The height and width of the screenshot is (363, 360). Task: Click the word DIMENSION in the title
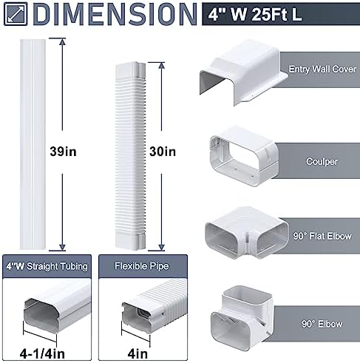(x=115, y=14)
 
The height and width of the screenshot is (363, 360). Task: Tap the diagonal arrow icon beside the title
(x=16, y=14)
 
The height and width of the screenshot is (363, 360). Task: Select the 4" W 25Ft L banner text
(x=255, y=15)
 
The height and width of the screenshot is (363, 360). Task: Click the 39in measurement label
(x=63, y=152)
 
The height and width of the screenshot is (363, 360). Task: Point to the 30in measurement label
(x=163, y=152)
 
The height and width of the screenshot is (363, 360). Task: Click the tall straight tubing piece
(x=33, y=144)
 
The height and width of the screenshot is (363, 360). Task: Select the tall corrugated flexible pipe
(x=130, y=156)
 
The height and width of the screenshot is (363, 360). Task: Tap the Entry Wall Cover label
(x=322, y=69)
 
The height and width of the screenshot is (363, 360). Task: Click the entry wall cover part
(x=243, y=72)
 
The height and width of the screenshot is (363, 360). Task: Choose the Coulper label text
(x=322, y=161)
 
